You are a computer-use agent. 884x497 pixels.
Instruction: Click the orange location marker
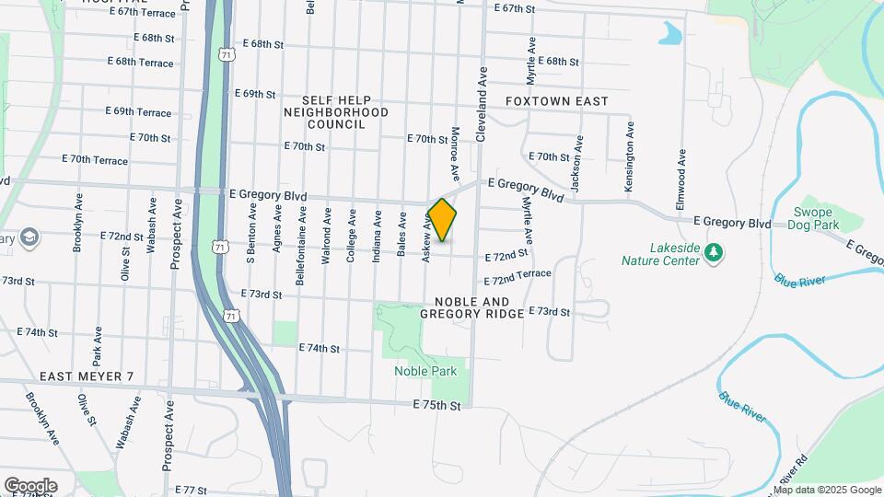[x=442, y=220]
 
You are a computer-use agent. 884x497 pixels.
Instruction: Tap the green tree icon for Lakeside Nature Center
[x=713, y=251]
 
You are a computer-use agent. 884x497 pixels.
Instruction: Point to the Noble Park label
[x=425, y=371]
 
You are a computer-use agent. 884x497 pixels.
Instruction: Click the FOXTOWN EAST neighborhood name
[x=557, y=100]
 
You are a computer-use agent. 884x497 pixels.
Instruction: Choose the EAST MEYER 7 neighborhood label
[x=87, y=377]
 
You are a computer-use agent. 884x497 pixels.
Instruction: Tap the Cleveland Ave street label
[x=481, y=102]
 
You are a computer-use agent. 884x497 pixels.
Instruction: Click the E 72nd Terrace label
[x=518, y=276]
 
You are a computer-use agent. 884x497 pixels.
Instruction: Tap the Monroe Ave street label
[x=455, y=154]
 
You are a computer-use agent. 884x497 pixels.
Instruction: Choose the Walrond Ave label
[x=327, y=237]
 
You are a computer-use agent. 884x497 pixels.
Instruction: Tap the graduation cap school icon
[x=29, y=237]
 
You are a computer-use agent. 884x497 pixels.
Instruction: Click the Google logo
[x=30, y=485]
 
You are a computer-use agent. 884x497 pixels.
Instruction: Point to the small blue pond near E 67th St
[x=670, y=34]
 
